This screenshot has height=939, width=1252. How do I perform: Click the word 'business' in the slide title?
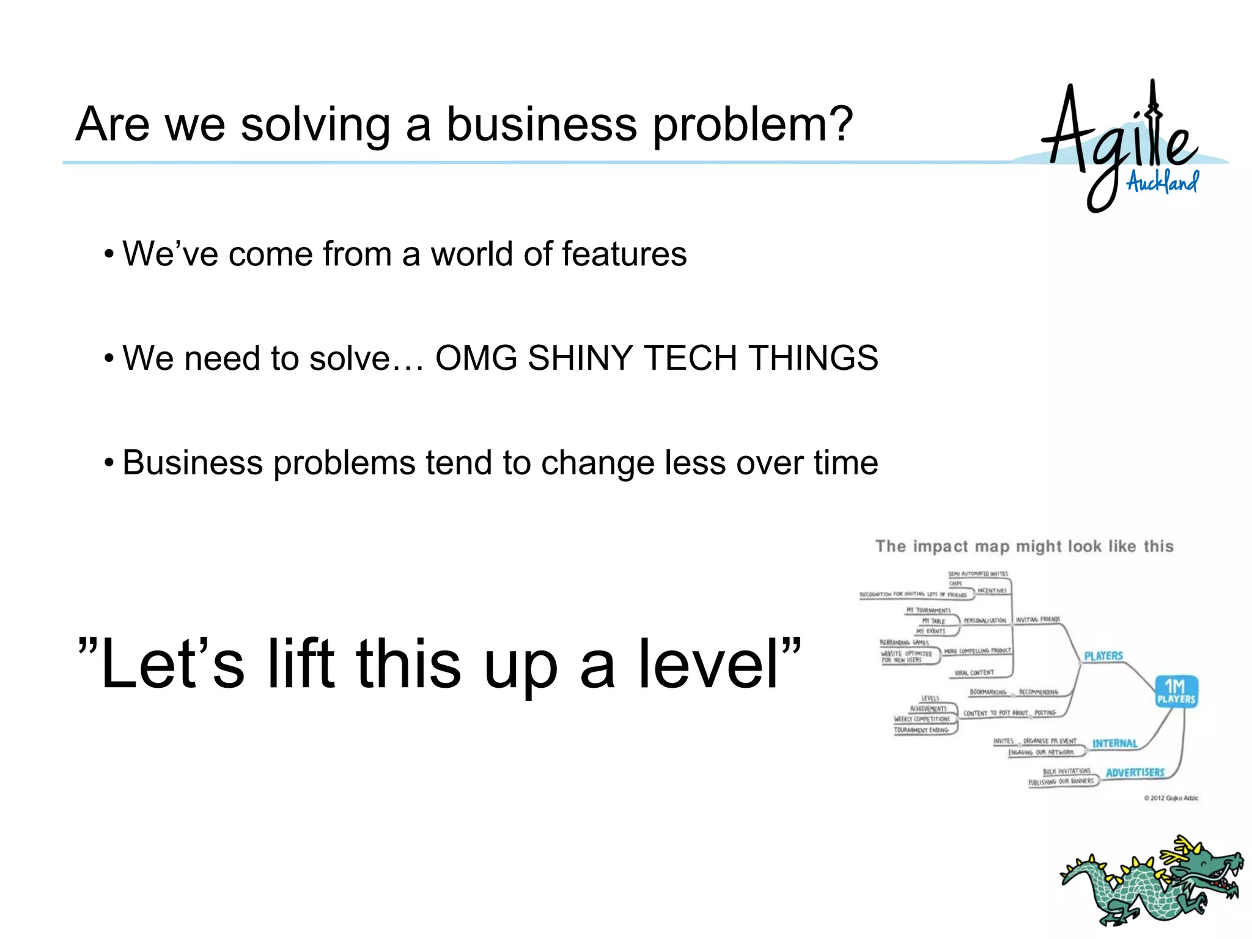(x=542, y=124)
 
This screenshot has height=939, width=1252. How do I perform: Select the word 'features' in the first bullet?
(x=624, y=254)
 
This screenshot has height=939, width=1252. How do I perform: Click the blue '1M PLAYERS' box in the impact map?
(x=1175, y=692)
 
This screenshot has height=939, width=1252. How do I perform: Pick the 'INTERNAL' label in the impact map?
(x=1114, y=743)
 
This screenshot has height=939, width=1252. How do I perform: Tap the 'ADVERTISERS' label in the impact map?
(x=1135, y=773)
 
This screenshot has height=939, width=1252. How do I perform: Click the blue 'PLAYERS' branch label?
(x=1103, y=656)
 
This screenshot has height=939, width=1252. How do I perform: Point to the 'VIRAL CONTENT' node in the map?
(x=974, y=673)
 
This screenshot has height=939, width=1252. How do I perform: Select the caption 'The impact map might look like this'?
(x=1024, y=547)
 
